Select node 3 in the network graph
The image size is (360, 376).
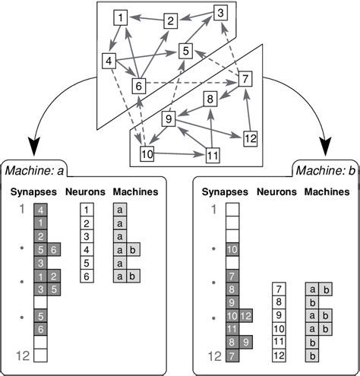click(x=219, y=12)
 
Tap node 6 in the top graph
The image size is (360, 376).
click(x=138, y=85)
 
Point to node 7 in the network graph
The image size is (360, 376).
click(x=244, y=79)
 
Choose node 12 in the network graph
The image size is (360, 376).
click(x=251, y=138)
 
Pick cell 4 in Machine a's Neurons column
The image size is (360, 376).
click(x=87, y=248)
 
